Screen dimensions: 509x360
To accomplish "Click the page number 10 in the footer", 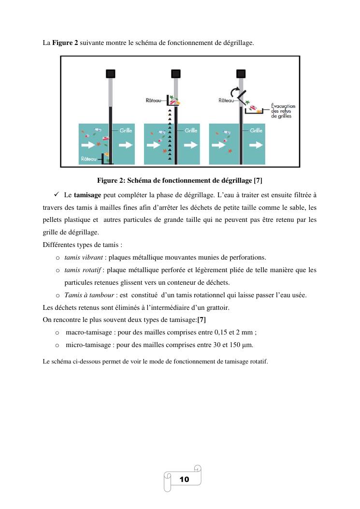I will click(184, 480).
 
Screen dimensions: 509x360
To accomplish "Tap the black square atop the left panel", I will click(111, 73).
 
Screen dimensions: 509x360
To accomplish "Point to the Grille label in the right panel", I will click(256, 131).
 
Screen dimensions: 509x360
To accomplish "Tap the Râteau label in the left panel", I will click(87, 158).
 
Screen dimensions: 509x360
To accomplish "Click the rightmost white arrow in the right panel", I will click(257, 145).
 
